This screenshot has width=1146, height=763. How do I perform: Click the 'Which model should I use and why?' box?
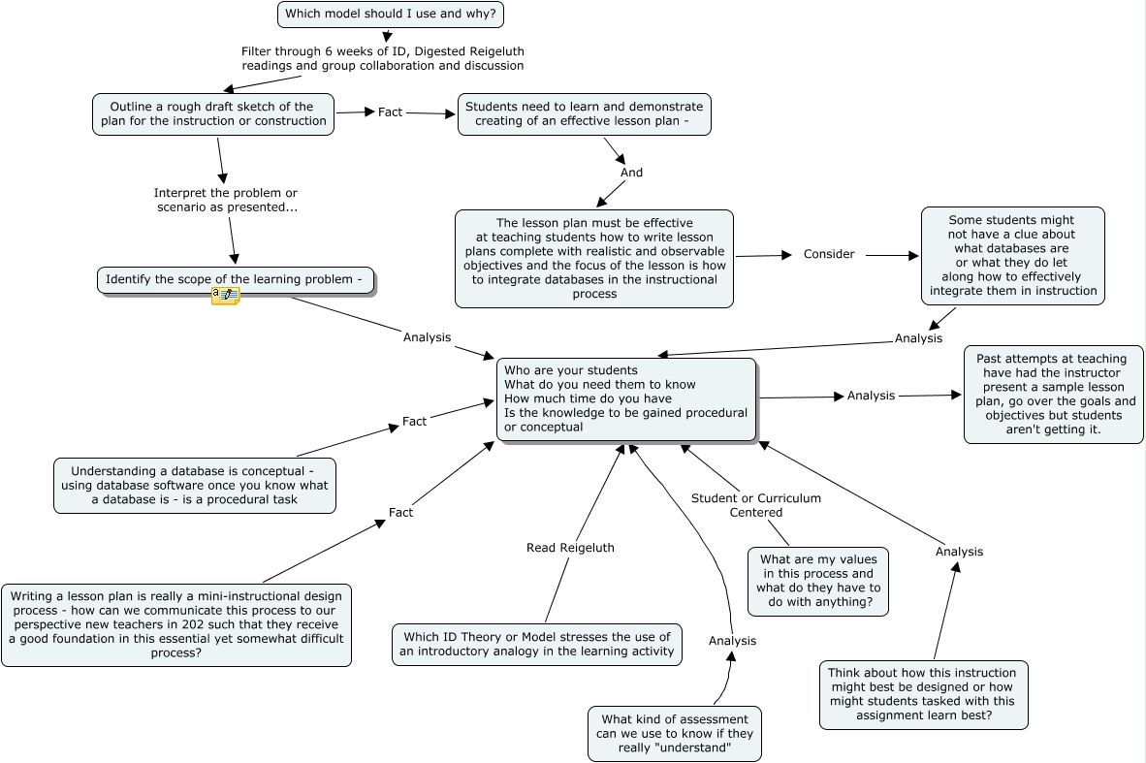(391, 15)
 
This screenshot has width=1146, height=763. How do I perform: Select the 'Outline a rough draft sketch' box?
(213, 113)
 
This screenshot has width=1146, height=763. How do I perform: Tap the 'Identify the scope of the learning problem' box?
(236, 279)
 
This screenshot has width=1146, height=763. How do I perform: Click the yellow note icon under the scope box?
(225, 296)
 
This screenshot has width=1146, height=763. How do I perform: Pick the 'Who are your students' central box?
(625, 399)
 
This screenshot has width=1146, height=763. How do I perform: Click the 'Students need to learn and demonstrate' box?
(584, 113)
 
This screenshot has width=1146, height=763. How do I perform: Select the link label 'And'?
(631, 173)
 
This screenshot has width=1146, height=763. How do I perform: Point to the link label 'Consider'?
(829, 254)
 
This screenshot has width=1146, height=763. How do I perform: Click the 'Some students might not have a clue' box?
(1012, 255)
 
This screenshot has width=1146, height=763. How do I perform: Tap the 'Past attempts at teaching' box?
(1053, 394)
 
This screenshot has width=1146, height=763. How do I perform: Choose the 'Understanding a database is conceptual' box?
(194, 485)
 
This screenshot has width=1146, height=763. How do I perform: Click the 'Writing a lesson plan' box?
(175, 624)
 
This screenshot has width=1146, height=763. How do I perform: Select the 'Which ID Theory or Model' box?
(536, 644)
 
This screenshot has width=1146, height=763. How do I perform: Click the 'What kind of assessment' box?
(674, 733)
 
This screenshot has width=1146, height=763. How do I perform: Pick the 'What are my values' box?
(817, 581)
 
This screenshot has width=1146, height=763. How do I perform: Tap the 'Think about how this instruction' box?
(922, 694)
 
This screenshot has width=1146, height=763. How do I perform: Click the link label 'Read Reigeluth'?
(570, 548)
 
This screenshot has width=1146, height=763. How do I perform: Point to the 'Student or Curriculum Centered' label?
(755, 505)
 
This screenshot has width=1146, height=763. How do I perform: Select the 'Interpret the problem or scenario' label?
(226, 200)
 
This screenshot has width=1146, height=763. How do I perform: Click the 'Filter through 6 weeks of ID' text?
(382, 58)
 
